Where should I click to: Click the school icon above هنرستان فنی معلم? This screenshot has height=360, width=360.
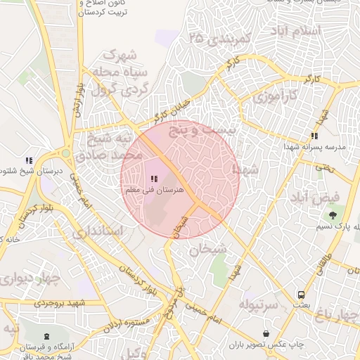point(154,179)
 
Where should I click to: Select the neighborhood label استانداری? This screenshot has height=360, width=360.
point(98,231)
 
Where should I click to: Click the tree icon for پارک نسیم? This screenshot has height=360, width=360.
point(333,214)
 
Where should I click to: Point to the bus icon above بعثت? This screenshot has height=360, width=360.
point(301,295)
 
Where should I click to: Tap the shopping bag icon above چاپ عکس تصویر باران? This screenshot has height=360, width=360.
point(266,333)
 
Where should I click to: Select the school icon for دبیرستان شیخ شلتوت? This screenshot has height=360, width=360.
point(29,160)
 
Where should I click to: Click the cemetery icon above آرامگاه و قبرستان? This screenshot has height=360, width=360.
point(46,337)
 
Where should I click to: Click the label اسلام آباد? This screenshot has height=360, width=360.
point(295,32)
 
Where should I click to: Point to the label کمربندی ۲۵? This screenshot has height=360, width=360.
point(219,39)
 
